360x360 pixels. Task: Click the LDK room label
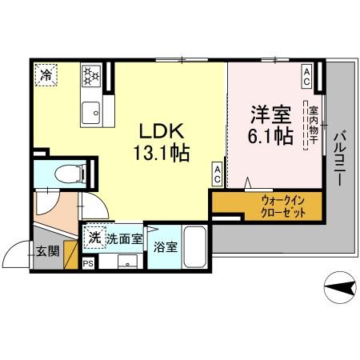click(x=166, y=131)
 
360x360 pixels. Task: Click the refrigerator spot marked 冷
click(x=48, y=76)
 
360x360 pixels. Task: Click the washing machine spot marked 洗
click(x=94, y=237)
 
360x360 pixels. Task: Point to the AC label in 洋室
click(x=306, y=73)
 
